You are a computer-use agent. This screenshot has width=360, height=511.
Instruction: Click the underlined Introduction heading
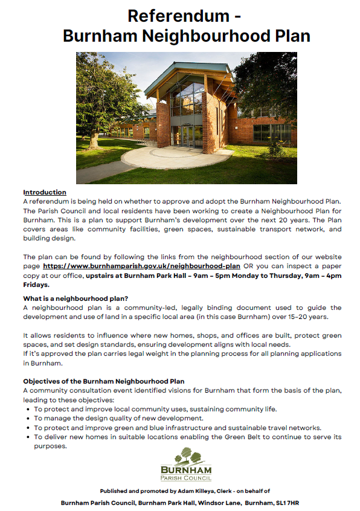point(45,192)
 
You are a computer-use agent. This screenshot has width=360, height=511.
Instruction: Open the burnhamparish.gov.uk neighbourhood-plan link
point(142,266)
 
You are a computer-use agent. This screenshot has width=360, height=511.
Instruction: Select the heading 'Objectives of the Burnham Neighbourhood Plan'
point(104,382)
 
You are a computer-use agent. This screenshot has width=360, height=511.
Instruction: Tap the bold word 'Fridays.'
point(37,284)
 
